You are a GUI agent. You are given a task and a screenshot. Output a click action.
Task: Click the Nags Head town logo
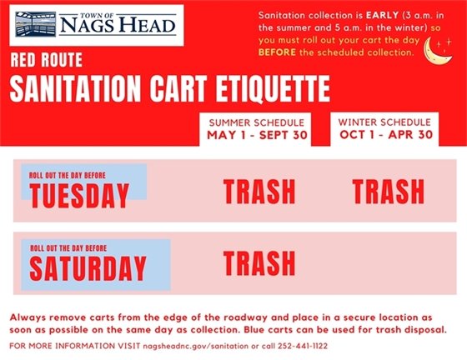click(x=97, y=24)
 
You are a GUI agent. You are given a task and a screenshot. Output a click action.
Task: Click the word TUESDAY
click(x=79, y=196)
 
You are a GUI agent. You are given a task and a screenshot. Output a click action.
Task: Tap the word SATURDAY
click(x=88, y=268)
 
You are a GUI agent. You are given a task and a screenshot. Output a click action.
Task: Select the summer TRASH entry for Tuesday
click(x=259, y=192)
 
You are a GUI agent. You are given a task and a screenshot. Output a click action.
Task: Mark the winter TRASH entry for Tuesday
click(x=388, y=192)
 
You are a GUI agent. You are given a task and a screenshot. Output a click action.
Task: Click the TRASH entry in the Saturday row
click(x=259, y=263)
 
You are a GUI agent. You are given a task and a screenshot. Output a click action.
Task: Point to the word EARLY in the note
click(x=372, y=16)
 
